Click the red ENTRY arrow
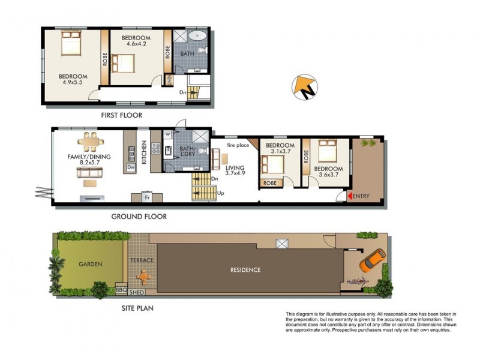pos(349,196)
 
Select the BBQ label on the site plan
pos(120,289)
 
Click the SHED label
pos(137,294)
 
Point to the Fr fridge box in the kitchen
pos(147,197)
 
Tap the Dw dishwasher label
pos(130,168)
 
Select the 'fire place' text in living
pos(237,145)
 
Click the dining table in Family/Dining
pos(89,142)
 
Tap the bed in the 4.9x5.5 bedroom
pos(70,44)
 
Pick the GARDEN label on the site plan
pos(91,263)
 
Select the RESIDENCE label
pos(245,269)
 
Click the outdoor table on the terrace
pos(143,277)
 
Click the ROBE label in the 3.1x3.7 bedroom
pos(270,183)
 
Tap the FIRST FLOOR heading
pos(122,115)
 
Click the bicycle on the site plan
pos(358,281)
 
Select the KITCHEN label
pos(144,155)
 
